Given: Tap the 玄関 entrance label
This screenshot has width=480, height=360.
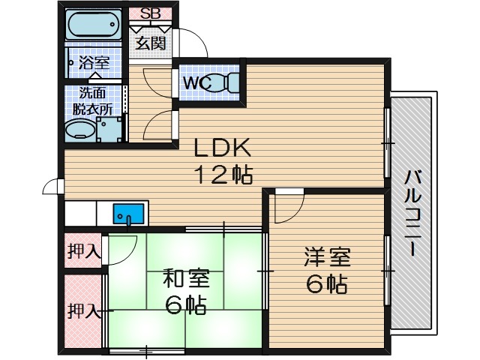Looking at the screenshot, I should [150, 42].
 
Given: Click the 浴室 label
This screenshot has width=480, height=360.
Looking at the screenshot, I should [94, 63].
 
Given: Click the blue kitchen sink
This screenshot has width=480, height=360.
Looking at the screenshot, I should [127, 214].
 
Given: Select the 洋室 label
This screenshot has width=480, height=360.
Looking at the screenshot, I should [325, 256].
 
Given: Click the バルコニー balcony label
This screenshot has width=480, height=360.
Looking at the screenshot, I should [412, 214].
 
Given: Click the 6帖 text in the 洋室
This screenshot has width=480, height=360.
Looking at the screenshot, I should [325, 285].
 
